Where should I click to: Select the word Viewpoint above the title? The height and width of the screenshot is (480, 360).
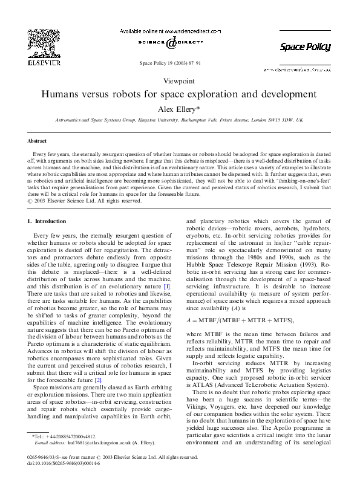(179, 80)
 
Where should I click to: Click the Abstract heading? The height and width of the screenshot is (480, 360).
(38, 140)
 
